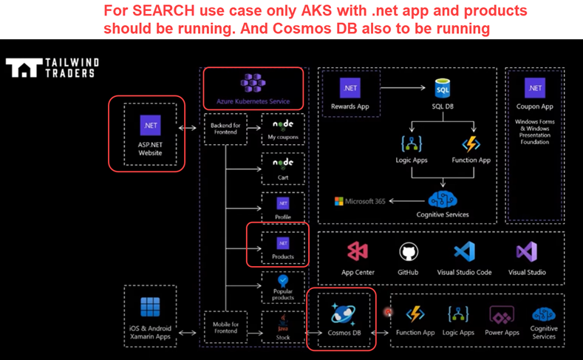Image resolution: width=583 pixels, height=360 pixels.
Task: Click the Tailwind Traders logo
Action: [x=52, y=67]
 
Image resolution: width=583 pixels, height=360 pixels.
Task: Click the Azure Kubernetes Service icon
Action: [x=253, y=82]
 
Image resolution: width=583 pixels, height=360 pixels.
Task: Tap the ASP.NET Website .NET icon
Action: [x=151, y=125]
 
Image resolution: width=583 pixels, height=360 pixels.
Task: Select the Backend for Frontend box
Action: [x=225, y=129]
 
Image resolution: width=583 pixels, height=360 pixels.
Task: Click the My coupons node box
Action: [x=283, y=129]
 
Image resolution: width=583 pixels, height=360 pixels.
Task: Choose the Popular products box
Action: [x=283, y=286]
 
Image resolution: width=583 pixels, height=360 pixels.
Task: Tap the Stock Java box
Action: [x=283, y=327]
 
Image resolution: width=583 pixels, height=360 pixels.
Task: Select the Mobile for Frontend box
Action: [x=225, y=327]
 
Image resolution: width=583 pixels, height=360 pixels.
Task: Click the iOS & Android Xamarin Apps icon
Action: [x=151, y=308]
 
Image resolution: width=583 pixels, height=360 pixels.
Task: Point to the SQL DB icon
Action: [x=443, y=89]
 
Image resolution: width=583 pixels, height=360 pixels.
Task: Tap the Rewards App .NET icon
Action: [x=350, y=88]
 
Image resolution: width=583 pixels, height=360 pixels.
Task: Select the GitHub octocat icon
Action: [x=409, y=252]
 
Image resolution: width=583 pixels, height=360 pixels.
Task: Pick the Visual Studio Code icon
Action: [x=464, y=252]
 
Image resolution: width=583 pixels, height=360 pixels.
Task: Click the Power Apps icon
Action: [x=502, y=315]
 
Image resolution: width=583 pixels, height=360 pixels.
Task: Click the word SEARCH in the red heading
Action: [x=149, y=12]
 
